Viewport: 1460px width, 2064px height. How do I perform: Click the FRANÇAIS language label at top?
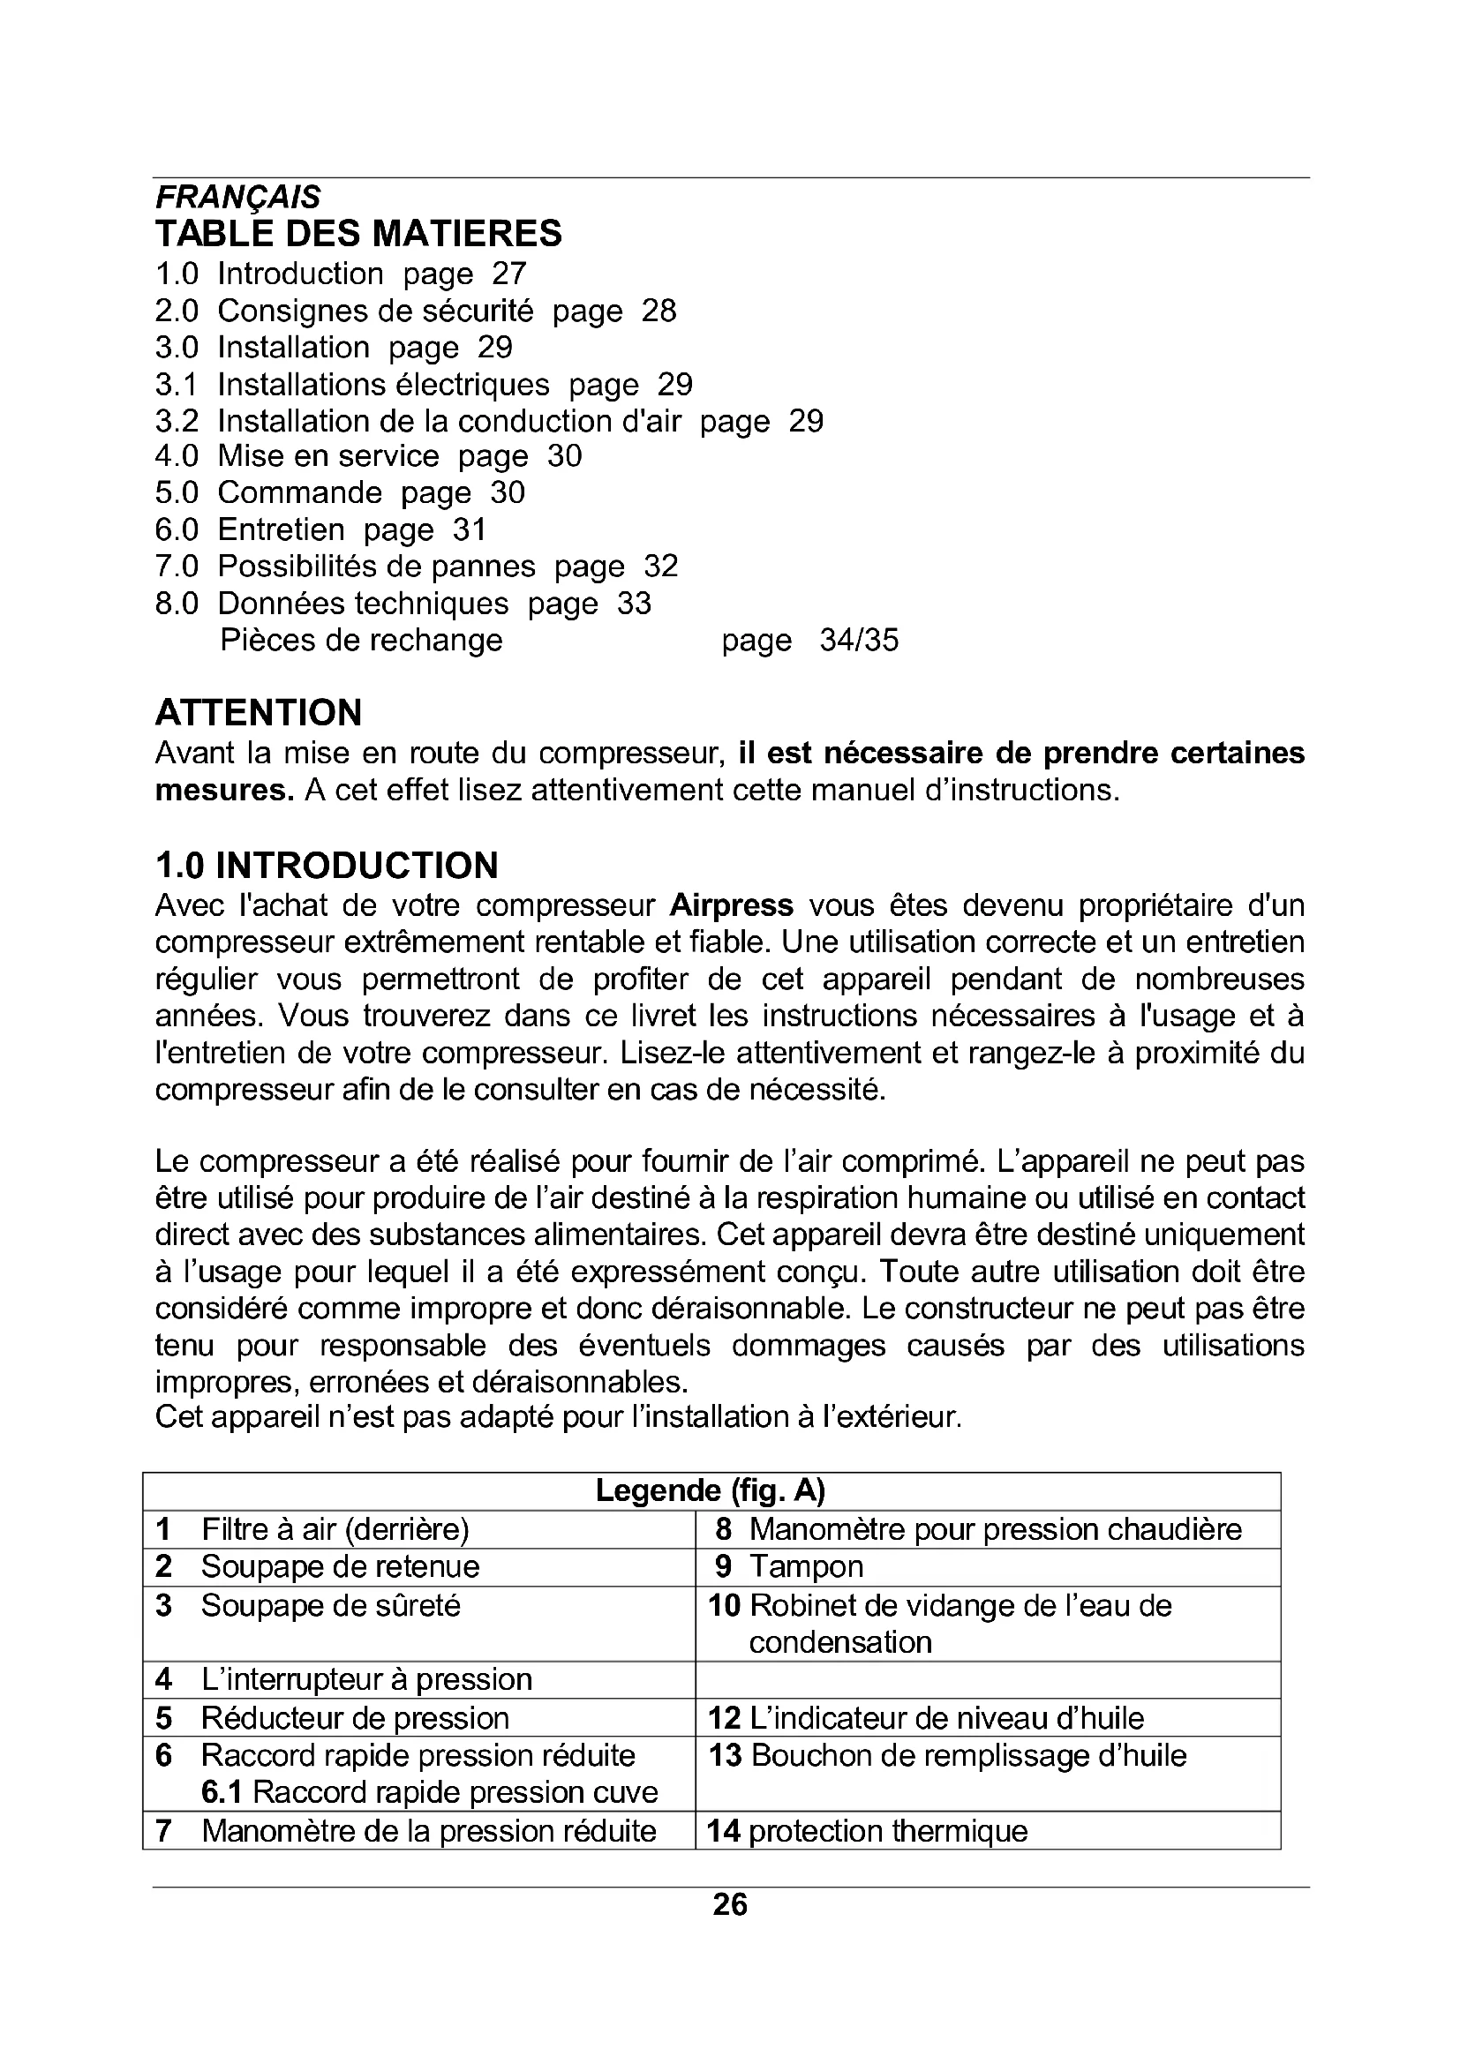click(x=237, y=197)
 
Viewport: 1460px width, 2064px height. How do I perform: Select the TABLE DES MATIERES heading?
click(x=358, y=234)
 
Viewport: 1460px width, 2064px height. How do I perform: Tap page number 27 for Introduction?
click(x=508, y=274)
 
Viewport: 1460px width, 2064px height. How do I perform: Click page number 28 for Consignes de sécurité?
click(x=659, y=311)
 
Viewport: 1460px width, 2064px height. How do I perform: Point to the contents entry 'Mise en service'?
click(x=328, y=457)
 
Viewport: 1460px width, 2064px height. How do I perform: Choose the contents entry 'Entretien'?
click(x=281, y=530)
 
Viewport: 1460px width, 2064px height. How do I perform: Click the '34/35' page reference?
click(x=859, y=641)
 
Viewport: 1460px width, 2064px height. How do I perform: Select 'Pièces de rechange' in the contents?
click(x=360, y=641)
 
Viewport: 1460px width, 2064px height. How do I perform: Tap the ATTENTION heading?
click(x=259, y=713)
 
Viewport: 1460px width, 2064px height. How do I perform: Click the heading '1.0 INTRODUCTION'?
click(x=327, y=866)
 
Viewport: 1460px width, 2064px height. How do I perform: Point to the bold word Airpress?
click(x=732, y=905)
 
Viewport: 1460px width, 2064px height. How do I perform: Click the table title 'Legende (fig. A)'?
click(x=711, y=1491)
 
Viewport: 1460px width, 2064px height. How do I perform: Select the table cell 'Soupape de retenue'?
click(x=340, y=1567)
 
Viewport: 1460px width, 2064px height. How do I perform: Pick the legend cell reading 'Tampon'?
click(x=806, y=1567)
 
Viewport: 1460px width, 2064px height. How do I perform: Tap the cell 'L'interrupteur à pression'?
click(x=366, y=1679)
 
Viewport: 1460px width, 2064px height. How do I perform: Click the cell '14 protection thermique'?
click(x=868, y=1831)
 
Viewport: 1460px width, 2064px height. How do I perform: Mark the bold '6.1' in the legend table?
click(x=221, y=1792)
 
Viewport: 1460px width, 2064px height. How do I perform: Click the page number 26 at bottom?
click(x=729, y=1905)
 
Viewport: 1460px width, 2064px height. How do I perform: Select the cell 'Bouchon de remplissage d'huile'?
click(x=968, y=1756)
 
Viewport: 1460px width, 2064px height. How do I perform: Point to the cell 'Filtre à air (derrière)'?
click(x=335, y=1529)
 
